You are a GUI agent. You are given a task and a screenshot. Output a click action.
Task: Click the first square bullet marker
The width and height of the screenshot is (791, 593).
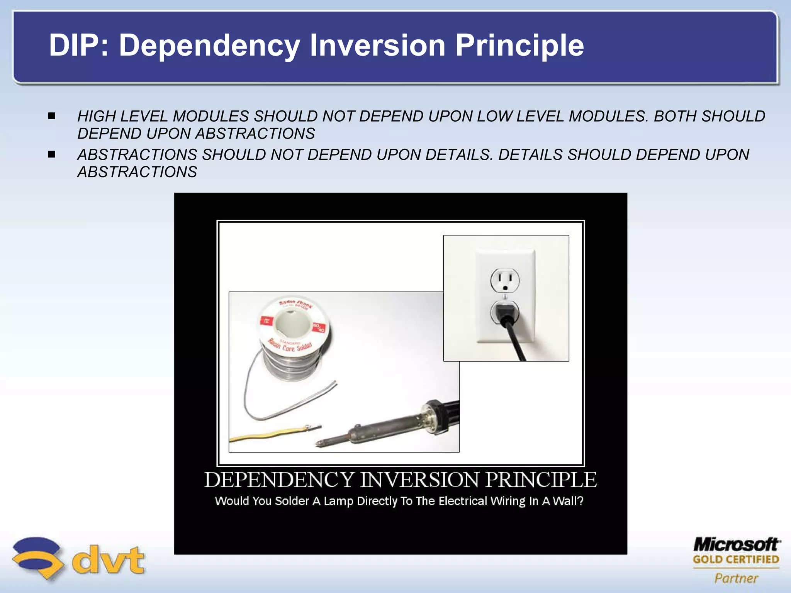(x=52, y=116)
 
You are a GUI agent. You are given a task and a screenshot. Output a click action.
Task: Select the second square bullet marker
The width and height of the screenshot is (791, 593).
(x=52, y=154)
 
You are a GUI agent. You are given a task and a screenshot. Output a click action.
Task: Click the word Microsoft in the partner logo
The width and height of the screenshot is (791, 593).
(x=736, y=545)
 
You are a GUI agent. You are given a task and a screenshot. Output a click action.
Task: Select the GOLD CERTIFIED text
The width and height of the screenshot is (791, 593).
(x=736, y=559)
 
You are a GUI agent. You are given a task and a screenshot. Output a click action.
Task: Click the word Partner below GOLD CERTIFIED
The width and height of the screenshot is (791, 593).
(x=736, y=578)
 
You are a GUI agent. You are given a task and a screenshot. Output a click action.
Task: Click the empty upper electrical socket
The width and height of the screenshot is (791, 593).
(x=505, y=280)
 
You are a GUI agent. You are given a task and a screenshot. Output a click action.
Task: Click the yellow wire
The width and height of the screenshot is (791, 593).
(x=266, y=434)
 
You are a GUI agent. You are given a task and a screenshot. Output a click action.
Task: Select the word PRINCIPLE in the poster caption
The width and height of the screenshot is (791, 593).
(x=541, y=480)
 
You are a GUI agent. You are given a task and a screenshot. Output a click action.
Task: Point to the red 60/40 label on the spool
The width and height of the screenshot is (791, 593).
(x=319, y=328)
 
